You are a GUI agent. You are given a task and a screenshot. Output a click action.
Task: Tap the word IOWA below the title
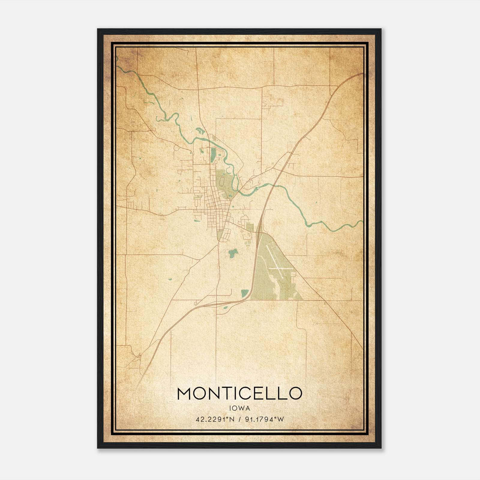pyautogui.click(x=239, y=408)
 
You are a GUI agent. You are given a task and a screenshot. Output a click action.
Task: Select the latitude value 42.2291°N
pyautogui.click(x=214, y=419)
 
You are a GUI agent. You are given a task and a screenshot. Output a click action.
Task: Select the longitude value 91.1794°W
pyautogui.click(x=264, y=419)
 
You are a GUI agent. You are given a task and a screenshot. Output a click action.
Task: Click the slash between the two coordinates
pyautogui.click(x=239, y=419)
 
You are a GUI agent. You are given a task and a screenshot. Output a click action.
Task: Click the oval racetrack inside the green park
pyautogui.click(x=221, y=181)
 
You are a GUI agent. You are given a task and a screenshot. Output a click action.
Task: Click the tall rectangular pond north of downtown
pyautogui.click(x=213, y=154)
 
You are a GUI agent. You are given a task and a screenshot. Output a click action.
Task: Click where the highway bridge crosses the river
pyautogui.click(x=272, y=186)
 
